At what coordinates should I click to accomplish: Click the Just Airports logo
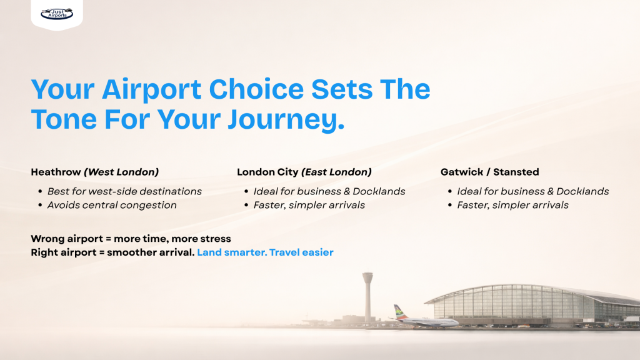click(57, 12)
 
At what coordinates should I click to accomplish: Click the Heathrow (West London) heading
click(94, 172)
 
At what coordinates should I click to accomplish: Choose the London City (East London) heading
click(304, 172)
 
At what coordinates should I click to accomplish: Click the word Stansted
click(516, 172)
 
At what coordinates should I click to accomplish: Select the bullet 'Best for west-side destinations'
click(124, 191)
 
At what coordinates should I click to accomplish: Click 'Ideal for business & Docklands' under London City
click(329, 191)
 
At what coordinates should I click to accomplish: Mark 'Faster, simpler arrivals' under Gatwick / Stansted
click(512, 205)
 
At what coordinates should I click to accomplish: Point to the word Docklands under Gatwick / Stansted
click(582, 191)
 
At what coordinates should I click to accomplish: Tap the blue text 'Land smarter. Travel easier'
click(265, 252)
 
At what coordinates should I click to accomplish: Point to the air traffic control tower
click(367, 294)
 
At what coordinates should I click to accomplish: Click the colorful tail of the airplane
click(397, 311)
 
